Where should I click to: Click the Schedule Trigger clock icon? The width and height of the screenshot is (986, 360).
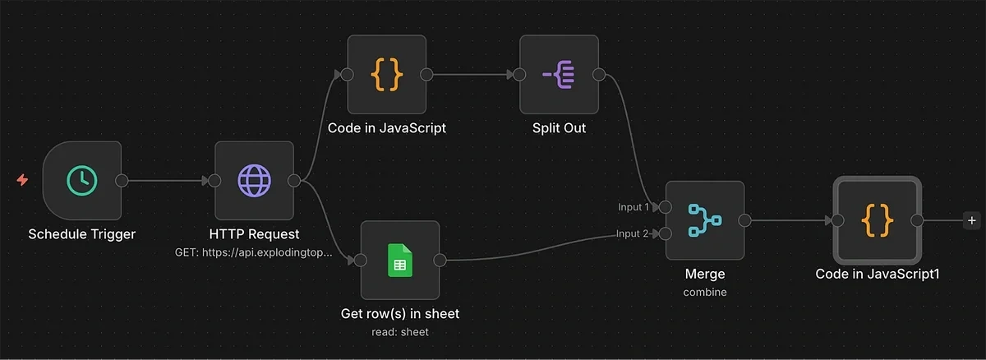pyautogui.click(x=81, y=181)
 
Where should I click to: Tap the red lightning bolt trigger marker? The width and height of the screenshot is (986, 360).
pyautogui.click(x=22, y=180)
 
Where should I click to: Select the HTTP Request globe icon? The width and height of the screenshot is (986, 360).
pyautogui.click(x=254, y=181)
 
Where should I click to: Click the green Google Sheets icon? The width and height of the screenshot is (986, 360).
pyautogui.click(x=399, y=261)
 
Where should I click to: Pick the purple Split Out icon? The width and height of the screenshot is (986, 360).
pyautogui.click(x=559, y=75)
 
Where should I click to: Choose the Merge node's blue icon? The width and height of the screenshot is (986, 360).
pyautogui.click(x=704, y=220)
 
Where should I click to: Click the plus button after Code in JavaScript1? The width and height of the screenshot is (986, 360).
pyautogui.click(x=972, y=220)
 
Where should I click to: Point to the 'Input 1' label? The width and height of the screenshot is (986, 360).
pyautogui.click(x=634, y=207)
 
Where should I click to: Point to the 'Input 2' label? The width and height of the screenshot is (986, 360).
pyautogui.click(x=634, y=234)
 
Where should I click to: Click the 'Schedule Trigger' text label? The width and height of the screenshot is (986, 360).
pyautogui.click(x=81, y=234)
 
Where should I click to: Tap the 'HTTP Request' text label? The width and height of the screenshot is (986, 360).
pyautogui.click(x=254, y=234)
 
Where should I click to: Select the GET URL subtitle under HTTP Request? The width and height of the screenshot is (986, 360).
pyautogui.click(x=254, y=252)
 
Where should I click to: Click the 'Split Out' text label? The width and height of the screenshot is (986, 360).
pyautogui.click(x=559, y=128)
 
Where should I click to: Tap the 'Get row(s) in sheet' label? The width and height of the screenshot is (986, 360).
pyautogui.click(x=400, y=314)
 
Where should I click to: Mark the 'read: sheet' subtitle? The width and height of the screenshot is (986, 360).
pyautogui.click(x=400, y=332)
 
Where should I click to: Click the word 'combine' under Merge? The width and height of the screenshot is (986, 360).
pyautogui.click(x=704, y=292)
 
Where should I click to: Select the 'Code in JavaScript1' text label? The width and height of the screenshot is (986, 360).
pyautogui.click(x=877, y=275)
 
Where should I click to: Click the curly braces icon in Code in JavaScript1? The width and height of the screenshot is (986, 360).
pyautogui.click(x=877, y=220)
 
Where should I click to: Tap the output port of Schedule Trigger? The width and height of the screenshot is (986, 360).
pyautogui.click(x=122, y=181)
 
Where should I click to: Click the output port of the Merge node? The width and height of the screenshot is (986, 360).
pyautogui.click(x=744, y=220)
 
